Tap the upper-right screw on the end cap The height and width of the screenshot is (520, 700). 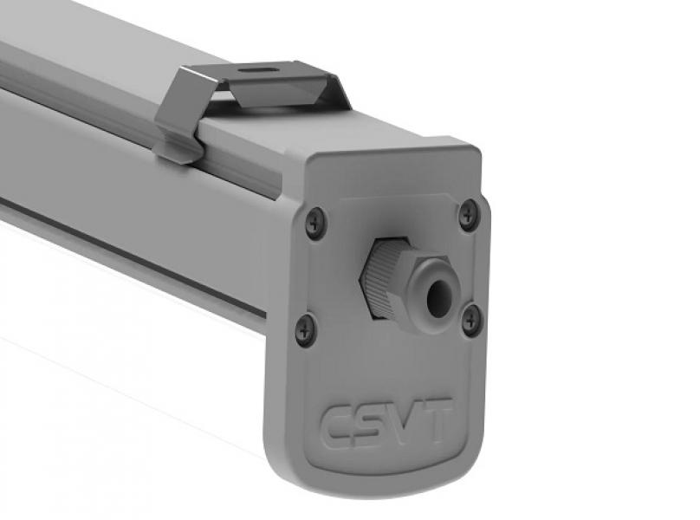click(x=468, y=214)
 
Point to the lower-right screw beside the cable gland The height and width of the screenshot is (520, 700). click(x=471, y=318)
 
